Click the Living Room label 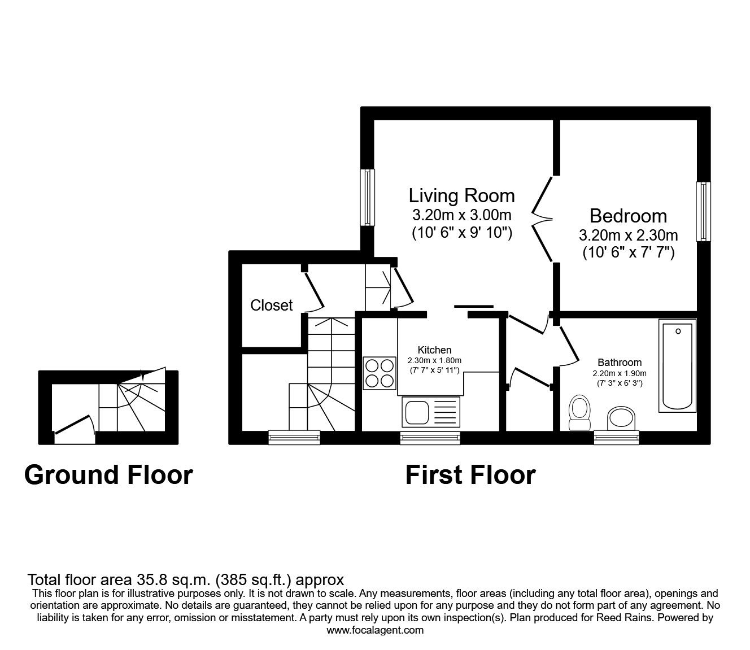point(461,195)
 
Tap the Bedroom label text point(628,216)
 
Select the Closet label point(271,306)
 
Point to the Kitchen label point(434,350)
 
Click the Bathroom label point(620,363)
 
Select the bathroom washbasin point(621,418)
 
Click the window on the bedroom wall point(703,211)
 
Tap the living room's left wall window point(368,197)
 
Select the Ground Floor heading point(108,475)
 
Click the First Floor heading point(470,475)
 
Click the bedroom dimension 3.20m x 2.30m point(628,234)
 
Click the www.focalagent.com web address point(375,630)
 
